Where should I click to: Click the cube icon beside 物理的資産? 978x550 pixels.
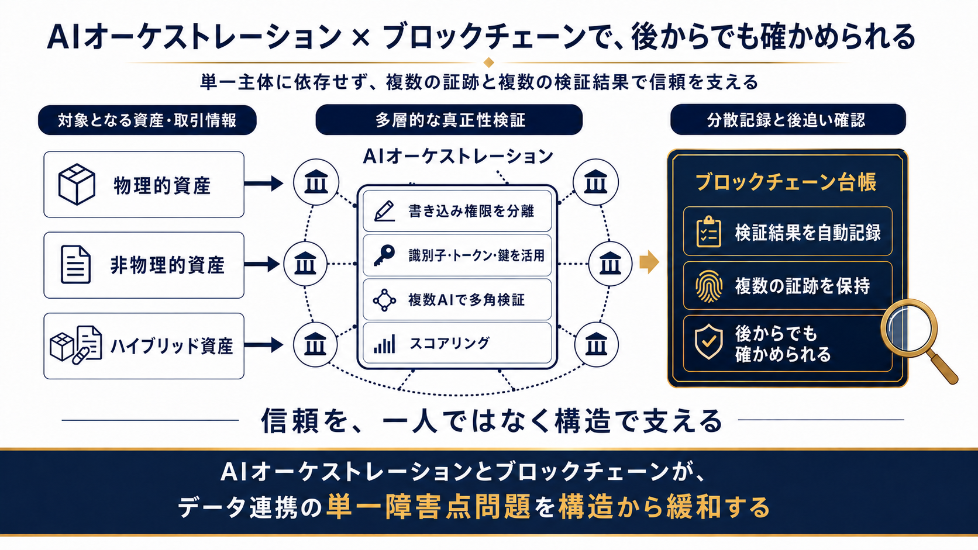[x=77, y=184]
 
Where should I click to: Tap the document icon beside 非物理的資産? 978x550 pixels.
[x=75, y=264]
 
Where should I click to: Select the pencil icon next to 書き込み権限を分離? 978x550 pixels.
[x=385, y=211]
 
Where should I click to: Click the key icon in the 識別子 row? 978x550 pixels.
[x=384, y=255]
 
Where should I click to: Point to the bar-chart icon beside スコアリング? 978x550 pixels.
[x=385, y=344]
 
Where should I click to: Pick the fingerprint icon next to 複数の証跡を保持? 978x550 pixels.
[x=708, y=286]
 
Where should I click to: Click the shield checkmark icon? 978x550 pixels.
[x=708, y=341]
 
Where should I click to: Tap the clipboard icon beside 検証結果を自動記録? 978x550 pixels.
[x=708, y=231]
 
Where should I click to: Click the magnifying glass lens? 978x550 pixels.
[x=909, y=328]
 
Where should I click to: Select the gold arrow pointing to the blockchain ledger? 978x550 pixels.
[x=649, y=262]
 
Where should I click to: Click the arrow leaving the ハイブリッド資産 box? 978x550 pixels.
[x=263, y=345]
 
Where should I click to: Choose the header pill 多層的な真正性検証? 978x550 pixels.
[x=449, y=119]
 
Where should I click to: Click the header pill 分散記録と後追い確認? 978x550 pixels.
[x=788, y=119]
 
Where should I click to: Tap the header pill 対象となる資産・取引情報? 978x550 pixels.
[x=147, y=120]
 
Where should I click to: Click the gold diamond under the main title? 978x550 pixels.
[x=489, y=63]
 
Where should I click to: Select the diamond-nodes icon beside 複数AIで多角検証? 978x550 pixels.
[x=385, y=300]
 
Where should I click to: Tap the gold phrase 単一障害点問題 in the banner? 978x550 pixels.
[x=428, y=507]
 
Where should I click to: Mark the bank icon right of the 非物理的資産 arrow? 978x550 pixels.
[x=305, y=264]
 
